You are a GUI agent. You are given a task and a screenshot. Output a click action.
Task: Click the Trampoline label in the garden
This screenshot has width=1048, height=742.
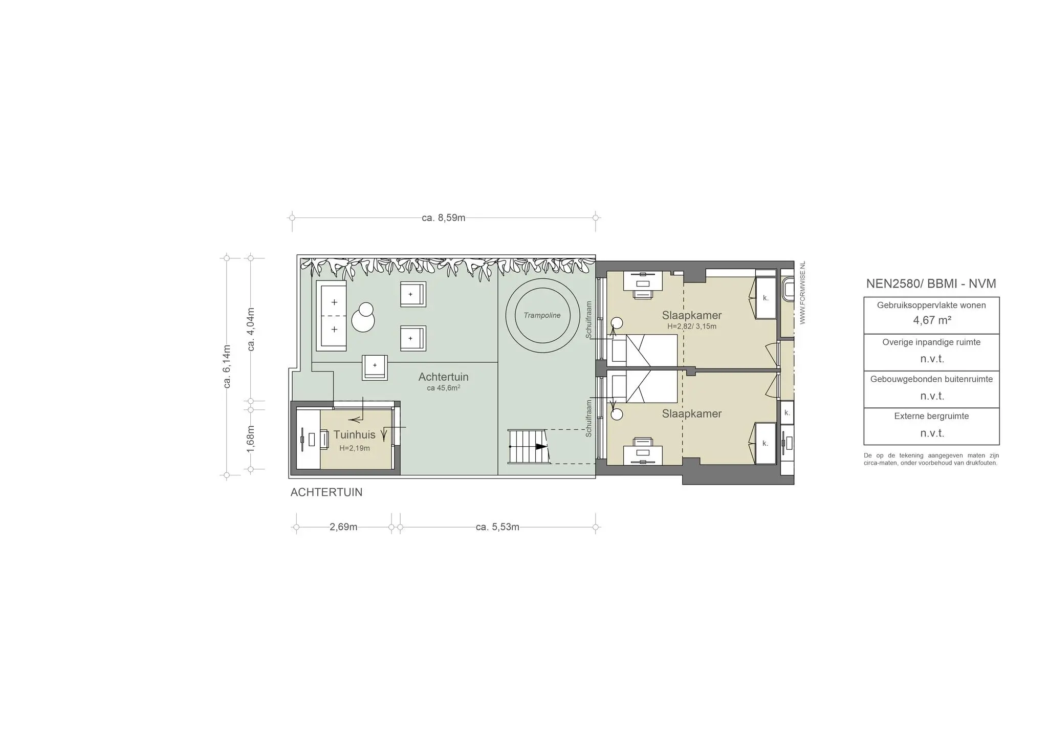click(542, 315)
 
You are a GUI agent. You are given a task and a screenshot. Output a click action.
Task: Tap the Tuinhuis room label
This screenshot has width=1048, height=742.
click(354, 435)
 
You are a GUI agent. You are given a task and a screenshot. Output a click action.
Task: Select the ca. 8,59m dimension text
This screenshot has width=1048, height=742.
click(444, 218)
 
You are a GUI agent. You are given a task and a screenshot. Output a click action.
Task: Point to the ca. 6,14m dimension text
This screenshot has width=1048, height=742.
click(227, 366)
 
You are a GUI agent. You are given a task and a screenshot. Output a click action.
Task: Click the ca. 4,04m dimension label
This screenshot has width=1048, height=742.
click(251, 329)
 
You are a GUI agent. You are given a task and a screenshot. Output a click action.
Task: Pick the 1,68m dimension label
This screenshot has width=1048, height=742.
click(250, 439)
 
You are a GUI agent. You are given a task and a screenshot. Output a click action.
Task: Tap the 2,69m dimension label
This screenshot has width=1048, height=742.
click(343, 527)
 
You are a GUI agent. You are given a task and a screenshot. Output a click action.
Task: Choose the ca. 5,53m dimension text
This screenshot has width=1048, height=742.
click(497, 527)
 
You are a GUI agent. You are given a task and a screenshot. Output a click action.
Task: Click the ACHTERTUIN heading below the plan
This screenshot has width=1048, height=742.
click(326, 492)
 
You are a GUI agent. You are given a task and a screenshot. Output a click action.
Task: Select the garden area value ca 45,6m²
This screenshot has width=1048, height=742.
click(443, 388)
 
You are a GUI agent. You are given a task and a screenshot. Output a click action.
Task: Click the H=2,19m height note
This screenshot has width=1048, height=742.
click(354, 448)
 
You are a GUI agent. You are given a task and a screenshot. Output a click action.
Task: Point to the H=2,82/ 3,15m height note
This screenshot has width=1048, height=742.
click(692, 326)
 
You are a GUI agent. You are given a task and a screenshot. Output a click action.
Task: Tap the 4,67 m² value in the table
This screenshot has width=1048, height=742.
click(932, 320)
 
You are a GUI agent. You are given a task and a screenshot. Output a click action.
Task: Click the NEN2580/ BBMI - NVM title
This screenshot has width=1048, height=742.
click(931, 283)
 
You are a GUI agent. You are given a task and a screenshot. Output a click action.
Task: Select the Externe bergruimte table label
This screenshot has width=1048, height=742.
click(931, 416)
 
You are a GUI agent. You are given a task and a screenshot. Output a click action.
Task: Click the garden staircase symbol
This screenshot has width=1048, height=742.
click(528, 447)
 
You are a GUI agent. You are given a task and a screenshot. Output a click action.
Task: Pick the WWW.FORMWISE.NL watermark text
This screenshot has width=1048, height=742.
click(802, 293)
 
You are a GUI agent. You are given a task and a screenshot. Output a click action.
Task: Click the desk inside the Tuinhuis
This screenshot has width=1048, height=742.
click(309, 439)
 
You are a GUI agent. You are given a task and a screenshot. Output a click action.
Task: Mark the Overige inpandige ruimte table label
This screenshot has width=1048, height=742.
click(931, 342)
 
